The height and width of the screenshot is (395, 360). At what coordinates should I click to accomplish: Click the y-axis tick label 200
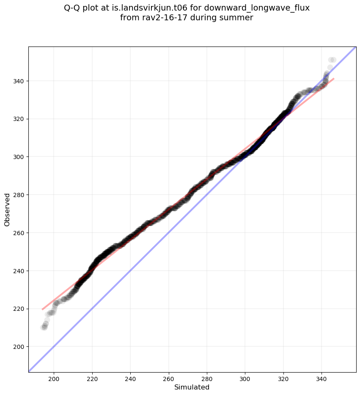click(19, 347)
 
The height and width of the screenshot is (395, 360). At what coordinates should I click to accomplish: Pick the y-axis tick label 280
click(19, 195)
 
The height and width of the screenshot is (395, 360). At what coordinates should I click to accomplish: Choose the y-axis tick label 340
click(19, 81)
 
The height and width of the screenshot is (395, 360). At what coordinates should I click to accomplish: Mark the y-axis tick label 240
click(19, 271)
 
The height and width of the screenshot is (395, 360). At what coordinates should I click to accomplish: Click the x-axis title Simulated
click(192, 387)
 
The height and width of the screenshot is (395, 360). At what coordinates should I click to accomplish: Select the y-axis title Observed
click(7, 209)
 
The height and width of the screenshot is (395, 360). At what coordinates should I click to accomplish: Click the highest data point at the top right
click(333, 60)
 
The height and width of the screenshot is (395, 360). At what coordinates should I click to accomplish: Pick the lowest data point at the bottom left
click(44, 327)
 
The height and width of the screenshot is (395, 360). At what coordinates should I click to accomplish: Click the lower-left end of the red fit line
click(42, 310)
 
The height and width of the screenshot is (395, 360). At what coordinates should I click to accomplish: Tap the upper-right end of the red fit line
click(334, 79)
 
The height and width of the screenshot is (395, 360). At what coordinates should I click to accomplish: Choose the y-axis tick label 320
click(19, 119)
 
